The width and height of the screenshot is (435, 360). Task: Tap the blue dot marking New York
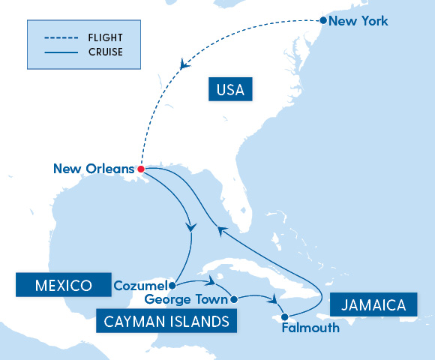pyautogui.click(x=323, y=21)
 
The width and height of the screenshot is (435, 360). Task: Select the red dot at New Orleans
pyautogui.click(x=140, y=169)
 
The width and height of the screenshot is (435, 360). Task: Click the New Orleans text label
pyautogui.click(x=94, y=169)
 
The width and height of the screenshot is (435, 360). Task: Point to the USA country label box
pyautogui.click(x=230, y=91)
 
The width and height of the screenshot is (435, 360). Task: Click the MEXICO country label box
pyautogui.click(x=63, y=285)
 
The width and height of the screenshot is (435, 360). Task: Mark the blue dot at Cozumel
pyautogui.click(x=172, y=285)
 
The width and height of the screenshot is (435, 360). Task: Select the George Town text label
pyautogui.click(x=187, y=299)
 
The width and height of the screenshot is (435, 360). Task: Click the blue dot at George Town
pyautogui.click(x=234, y=299)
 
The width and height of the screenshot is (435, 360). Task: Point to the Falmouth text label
pyautogui.click(x=310, y=328)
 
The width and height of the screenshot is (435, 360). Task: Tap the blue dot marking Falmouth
pyautogui.click(x=284, y=316)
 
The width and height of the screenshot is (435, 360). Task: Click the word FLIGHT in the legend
pyautogui.click(x=104, y=37)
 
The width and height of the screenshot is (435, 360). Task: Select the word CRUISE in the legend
pyautogui.click(x=105, y=52)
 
